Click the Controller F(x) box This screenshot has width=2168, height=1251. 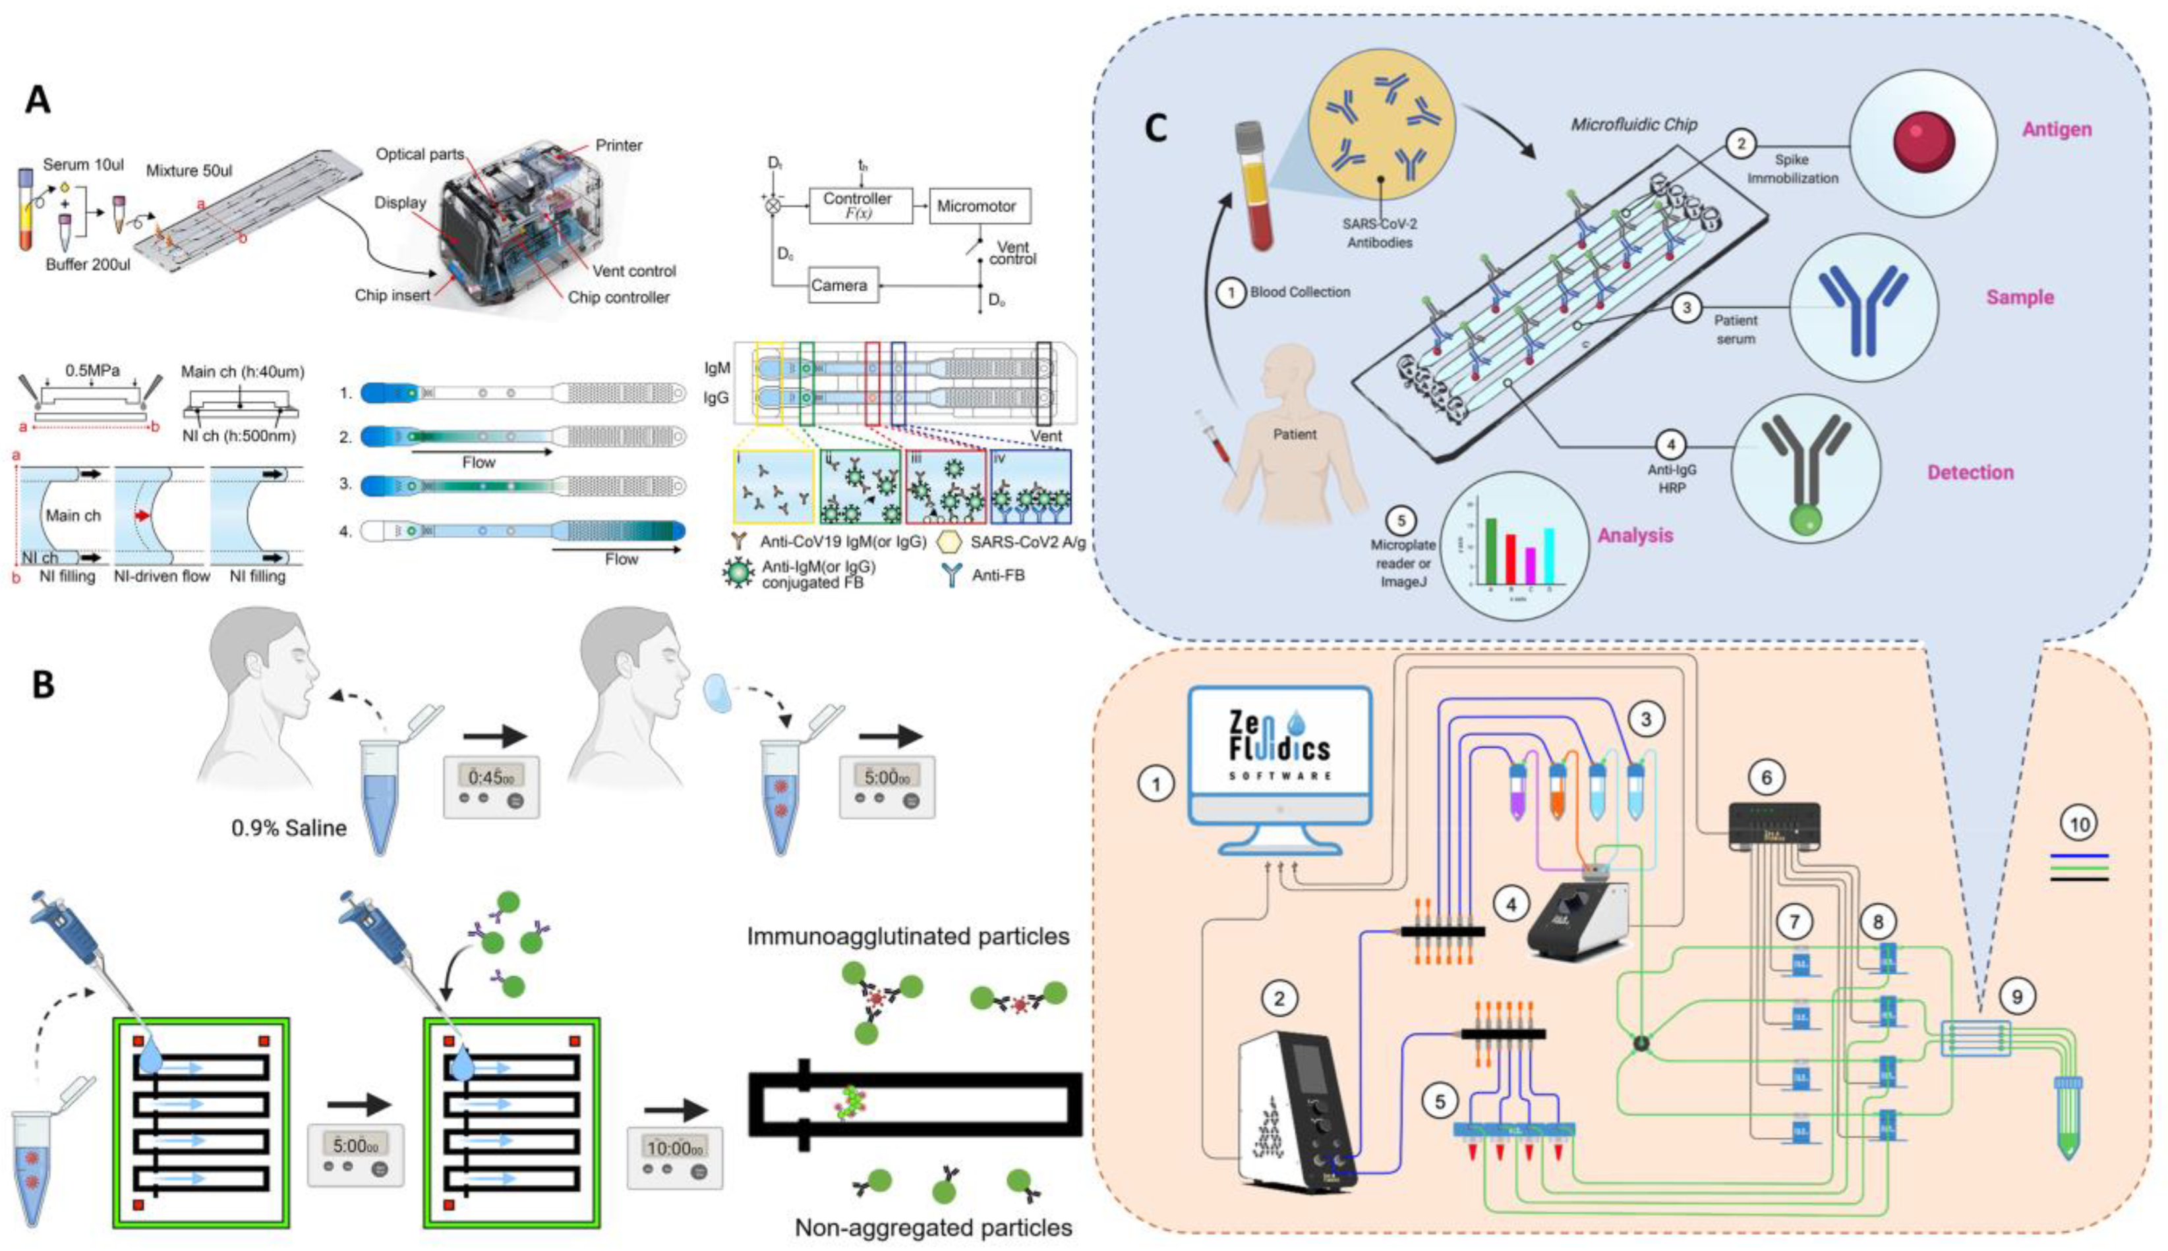coord(859,206)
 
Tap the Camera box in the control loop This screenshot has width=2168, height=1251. coord(840,285)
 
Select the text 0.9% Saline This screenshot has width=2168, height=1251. coord(289,828)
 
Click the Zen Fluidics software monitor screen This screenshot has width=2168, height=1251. coord(1279,748)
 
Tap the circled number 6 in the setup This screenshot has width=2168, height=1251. coord(1767,777)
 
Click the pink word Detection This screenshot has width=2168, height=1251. coord(1970,472)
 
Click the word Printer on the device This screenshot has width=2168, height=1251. coord(619,145)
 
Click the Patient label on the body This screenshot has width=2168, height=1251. coord(1294,435)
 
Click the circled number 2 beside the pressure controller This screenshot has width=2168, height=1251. coord(1279,999)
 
